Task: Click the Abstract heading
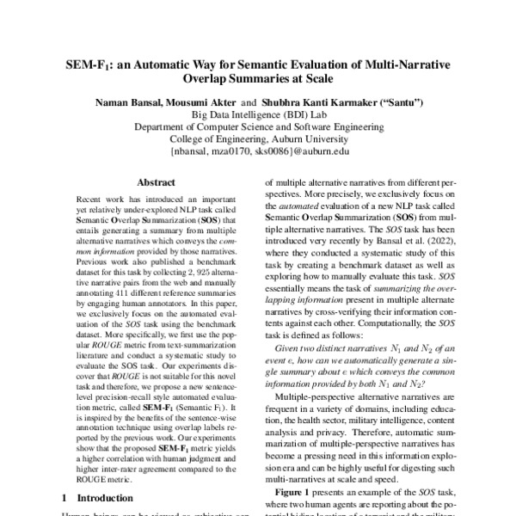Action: (x=158, y=183)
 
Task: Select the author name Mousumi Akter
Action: (x=205, y=101)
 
